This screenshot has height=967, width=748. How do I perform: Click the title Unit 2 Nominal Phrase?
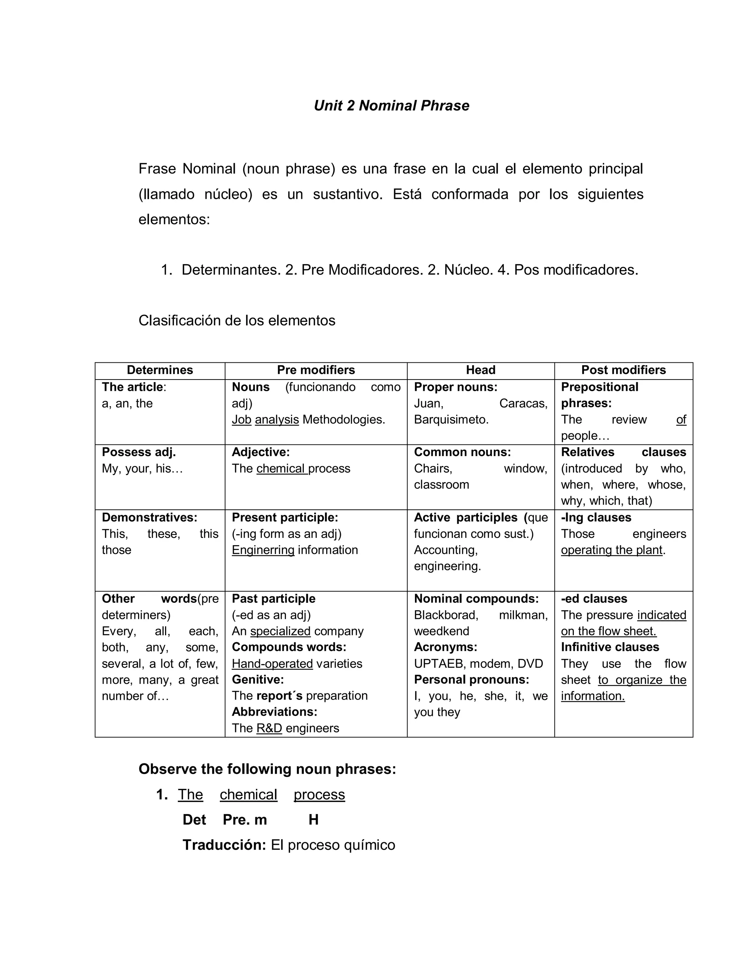(391, 105)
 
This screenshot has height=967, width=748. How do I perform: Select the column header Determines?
(160, 370)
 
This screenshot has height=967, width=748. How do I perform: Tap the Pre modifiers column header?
(316, 370)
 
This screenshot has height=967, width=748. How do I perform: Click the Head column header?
(480, 370)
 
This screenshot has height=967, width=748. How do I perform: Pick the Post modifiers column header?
(623, 370)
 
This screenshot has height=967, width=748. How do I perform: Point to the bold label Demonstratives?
(149, 517)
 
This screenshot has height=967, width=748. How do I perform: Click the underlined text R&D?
(269, 728)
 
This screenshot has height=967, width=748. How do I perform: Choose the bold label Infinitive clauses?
(610, 647)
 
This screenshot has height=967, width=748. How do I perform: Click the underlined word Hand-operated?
(272, 663)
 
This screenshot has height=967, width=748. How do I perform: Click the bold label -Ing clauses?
(596, 517)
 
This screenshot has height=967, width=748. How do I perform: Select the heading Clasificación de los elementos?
(237, 320)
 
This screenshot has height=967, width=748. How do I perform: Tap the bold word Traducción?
(224, 845)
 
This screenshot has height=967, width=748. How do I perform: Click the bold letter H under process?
(313, 820)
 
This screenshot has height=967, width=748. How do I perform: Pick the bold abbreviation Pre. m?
(245, 820)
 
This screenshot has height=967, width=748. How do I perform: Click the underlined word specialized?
(280, 631)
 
